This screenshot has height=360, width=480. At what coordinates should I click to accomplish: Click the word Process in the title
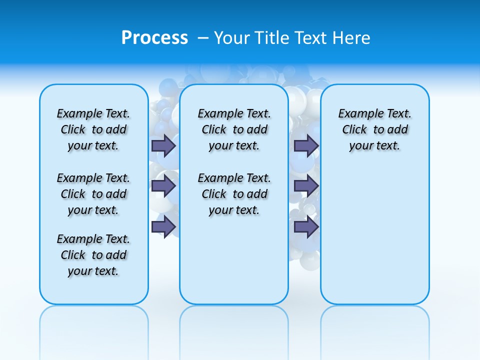pos(154,38)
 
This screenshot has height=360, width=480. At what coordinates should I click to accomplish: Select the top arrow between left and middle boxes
pos(163,145)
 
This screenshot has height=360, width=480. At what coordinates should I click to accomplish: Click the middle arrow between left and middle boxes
pos(163,186)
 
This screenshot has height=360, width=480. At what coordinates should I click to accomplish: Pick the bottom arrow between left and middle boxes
pos(163,227)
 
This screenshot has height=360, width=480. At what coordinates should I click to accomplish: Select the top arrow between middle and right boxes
pos(306,145)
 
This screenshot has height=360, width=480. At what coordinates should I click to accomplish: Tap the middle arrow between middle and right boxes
pos(306,186)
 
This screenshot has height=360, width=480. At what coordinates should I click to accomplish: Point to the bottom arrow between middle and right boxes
pos(306,227)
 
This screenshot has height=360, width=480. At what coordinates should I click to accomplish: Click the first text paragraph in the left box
pos(93,129)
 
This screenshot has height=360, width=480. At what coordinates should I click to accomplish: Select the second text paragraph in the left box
pos(93,194)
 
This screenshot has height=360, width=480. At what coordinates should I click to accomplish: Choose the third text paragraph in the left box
pos(93,255)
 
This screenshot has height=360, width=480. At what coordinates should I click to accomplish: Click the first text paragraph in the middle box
pos(234,129)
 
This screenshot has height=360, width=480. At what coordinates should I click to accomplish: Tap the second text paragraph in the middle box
pos(234,194)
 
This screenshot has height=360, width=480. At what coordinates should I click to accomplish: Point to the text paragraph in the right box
pos(375,129)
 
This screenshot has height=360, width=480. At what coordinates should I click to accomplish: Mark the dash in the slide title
pos(203,38)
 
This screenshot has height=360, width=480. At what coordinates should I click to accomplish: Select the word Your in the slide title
pos(232,38)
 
